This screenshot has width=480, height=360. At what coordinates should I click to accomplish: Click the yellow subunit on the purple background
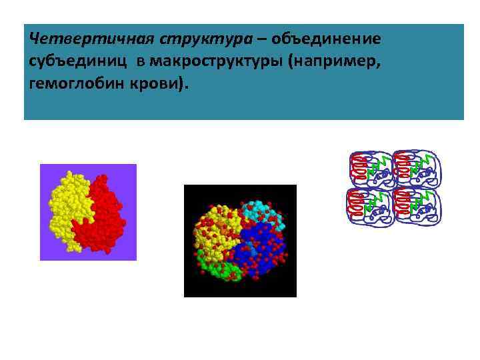click(67, 200)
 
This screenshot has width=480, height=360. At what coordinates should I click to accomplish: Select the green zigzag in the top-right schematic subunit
click(421, 162)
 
